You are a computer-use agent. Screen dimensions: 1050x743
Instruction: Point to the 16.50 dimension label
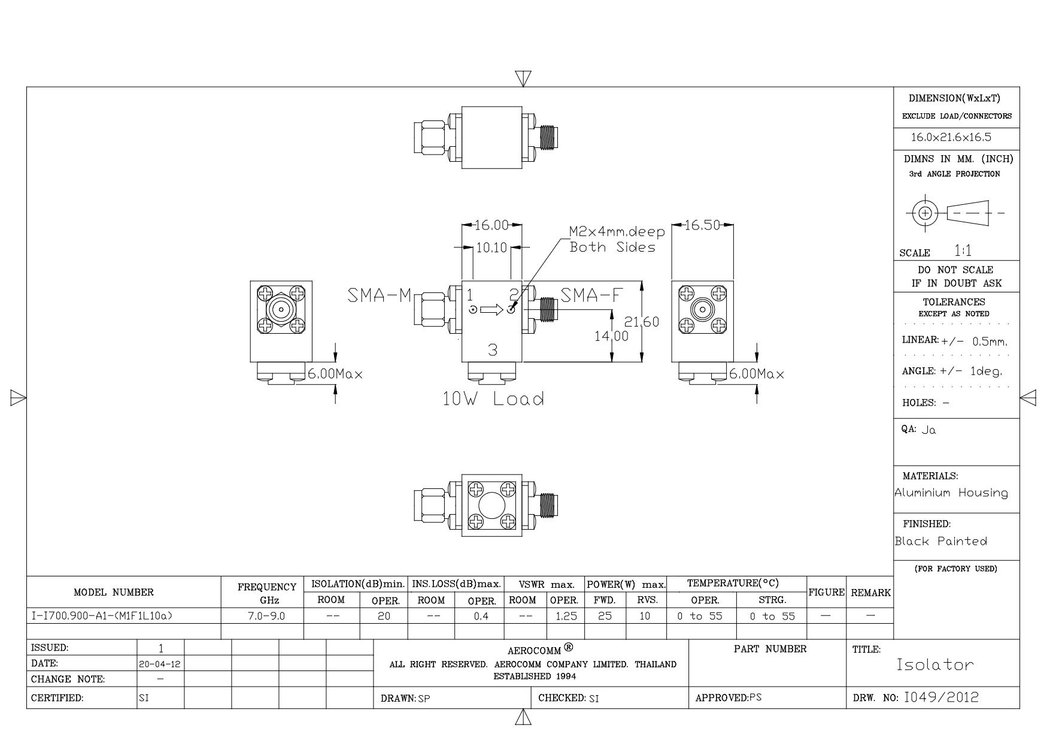[702, 225]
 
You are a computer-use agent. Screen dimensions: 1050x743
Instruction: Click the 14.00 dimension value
[612, 336]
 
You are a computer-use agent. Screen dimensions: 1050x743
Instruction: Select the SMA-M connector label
[380, 295]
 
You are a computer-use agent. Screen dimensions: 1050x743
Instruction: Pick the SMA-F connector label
[591, 295]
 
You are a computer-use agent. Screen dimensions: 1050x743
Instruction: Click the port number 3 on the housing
[492, 350]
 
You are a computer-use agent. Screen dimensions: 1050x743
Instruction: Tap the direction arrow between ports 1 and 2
[491, 310]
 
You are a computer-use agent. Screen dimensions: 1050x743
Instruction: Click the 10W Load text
[493, 399]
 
